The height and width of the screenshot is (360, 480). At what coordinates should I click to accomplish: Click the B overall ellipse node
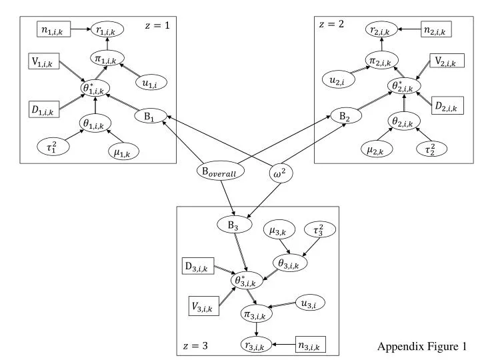point(220,171)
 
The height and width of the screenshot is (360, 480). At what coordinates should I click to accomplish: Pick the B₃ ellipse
point(233,225)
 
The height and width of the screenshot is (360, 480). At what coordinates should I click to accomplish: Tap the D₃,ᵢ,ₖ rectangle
point(197,267)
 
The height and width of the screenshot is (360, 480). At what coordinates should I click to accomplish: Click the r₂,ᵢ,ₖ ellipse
point(382,29)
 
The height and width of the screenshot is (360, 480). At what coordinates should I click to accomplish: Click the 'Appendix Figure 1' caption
point(422,346)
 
